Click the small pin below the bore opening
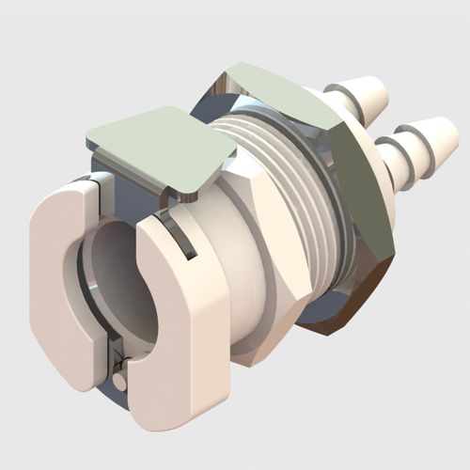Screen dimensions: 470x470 click(120, 381)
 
